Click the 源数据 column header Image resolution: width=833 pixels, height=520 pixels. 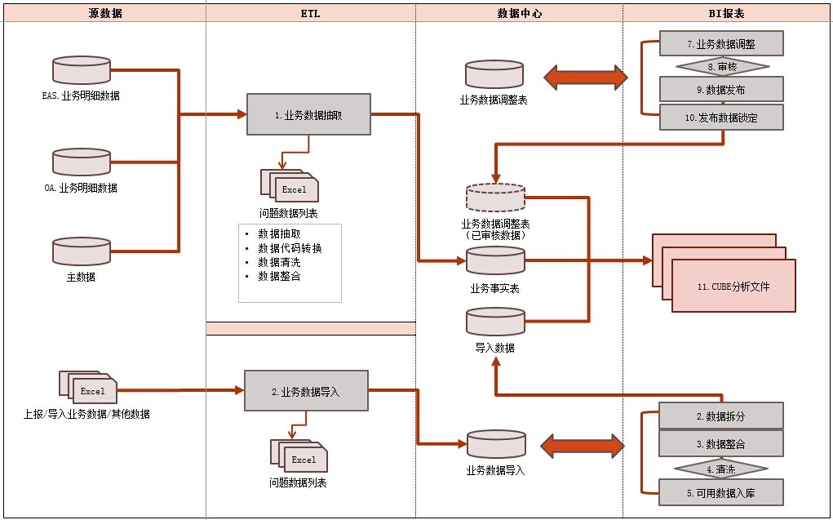coord(104,14)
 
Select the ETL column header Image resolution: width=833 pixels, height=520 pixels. coord(311,14)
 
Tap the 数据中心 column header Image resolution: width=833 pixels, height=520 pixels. coord(520,14)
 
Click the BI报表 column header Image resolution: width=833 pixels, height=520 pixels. coord(726,14)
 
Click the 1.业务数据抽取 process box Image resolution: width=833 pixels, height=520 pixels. coord(308,115)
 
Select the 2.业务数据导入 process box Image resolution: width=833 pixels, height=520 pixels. coord(306,391)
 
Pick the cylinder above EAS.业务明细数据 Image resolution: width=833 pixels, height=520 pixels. coord(82,70)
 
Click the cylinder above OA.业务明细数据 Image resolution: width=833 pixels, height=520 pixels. coord(82,162)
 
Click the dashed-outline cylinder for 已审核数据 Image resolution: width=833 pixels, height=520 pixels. coord(495,198)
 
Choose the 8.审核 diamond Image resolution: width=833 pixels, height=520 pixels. coord(722,66)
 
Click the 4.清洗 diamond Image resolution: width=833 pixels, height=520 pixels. coord(721,469)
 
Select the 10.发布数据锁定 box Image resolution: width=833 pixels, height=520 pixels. coord(721,118)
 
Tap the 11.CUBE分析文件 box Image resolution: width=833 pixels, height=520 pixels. coord(733,287)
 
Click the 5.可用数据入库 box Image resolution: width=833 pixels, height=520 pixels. coord(721,493)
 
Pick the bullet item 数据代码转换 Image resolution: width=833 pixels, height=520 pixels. coord(290,248)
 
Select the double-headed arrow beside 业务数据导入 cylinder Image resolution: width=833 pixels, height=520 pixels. coord(582,446)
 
